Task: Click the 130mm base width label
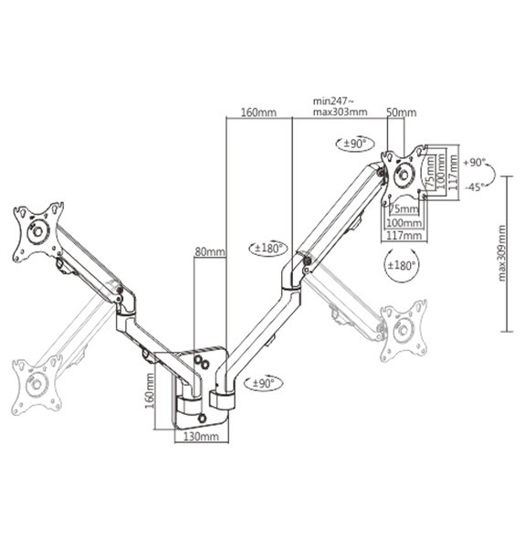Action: pos(199,438)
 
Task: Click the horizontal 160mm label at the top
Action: pos(258,112)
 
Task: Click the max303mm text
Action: pos(339,113)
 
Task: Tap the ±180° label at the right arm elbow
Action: pos(268,250)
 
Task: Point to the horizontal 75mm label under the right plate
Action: pos(399,209)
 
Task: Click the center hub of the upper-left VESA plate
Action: pos(37,232)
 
